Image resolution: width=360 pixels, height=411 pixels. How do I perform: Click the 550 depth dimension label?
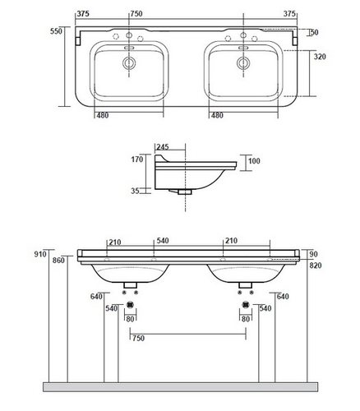56,31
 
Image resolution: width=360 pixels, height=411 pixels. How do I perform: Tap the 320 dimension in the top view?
320,57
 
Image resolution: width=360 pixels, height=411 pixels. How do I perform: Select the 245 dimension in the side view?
163,147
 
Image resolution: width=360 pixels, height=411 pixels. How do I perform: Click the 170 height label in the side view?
137,159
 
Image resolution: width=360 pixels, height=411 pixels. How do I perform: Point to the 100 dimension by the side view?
254,161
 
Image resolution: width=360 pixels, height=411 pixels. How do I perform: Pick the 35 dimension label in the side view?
135,191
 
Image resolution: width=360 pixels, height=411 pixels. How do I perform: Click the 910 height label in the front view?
40,254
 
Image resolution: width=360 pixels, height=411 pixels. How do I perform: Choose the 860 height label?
58,261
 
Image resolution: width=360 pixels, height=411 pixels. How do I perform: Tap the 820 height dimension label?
316,266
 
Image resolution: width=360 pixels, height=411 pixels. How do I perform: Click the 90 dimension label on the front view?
313,254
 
